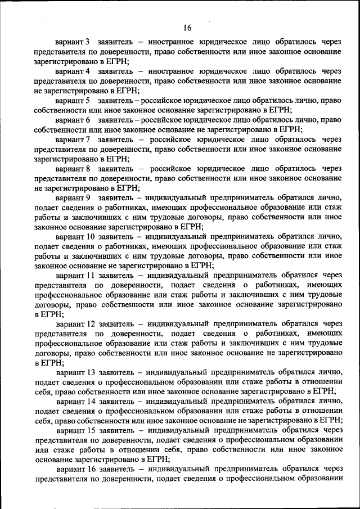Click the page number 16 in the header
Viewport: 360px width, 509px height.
coord(187,28)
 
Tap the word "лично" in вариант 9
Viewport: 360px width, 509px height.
coord(327,198)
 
